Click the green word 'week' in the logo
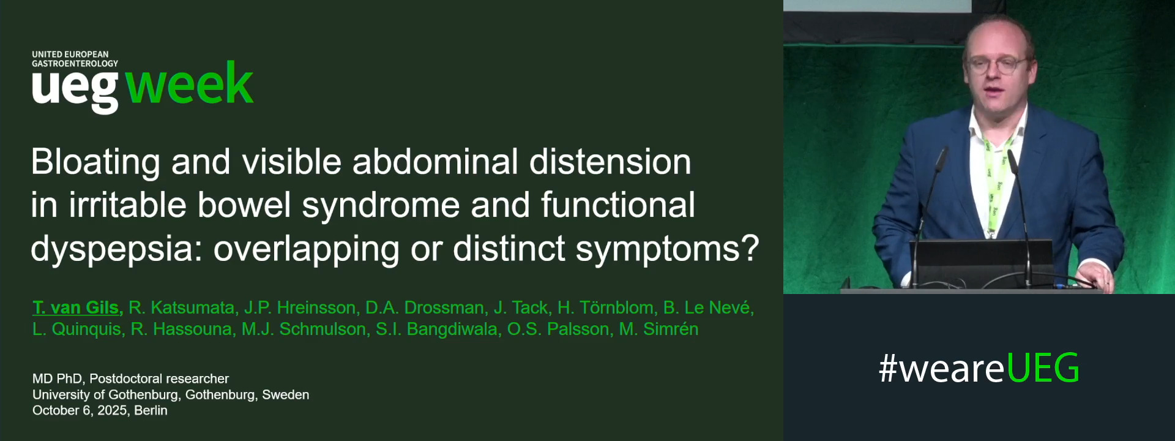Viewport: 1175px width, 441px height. coord(189,84)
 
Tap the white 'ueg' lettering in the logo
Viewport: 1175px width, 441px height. coord(75,89)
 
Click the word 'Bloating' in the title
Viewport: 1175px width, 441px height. coord(95,162)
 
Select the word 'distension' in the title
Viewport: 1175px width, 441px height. coord(610,162)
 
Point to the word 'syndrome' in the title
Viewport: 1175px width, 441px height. coord(380,205)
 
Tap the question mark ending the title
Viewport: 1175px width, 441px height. coord(750,248)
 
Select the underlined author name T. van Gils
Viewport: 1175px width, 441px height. coord(78,307)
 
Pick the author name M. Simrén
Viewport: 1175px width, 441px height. coord(658,329)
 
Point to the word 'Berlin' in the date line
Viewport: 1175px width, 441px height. coord(151,410)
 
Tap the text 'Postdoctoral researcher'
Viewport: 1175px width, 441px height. coord(159,379)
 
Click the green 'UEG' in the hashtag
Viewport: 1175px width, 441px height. coord(1042,368)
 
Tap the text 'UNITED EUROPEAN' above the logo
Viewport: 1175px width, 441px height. coord(70,55)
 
